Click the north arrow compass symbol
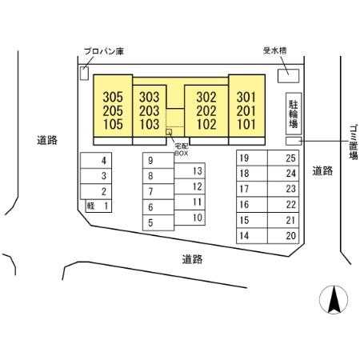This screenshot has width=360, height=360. click(x=334, y=299)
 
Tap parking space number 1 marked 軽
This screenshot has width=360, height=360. click(x=98, y=206)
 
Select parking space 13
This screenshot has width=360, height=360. click(x=190, y=170)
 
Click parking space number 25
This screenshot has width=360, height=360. click(x=283, y=158)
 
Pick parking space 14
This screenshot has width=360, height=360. click(x=252, y=236)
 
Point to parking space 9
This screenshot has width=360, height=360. click(x=158, y=161)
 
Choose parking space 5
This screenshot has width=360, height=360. click(x=158, y=222)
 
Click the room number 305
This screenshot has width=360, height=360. click(x=113, y=97)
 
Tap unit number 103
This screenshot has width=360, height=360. click(x=149, y=124)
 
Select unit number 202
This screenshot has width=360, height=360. click(x=206, y=110)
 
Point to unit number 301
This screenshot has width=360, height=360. click(x=246, y=97)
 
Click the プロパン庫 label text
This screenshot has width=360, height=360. click(x=104, y=51)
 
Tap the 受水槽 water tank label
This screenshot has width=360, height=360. click(x=275, y=50)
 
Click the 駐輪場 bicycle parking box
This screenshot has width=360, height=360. click(x=294, y=114)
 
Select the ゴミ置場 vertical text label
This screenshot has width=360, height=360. click(x=354, y=142)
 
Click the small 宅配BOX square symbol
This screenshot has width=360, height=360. click(x=169, y=132)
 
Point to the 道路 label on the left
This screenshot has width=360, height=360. click(x=47, y=140)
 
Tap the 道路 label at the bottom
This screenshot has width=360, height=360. click(x=192, y=259)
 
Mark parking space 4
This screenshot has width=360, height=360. click(x=96, y=161)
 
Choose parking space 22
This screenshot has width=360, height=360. click(x=283, y=205)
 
